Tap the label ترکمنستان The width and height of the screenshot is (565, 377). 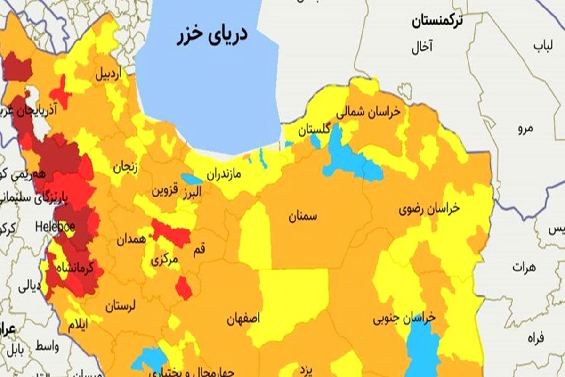pyautogui.click(x=436, y=21)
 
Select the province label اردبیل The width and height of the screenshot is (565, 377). pyautogui.click(x=109, y=74)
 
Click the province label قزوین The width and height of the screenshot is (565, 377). pyautogui.click(x=165, y=191)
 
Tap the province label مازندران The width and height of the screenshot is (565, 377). pyautogui.click(x=223, y=175)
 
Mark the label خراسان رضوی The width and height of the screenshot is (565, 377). pyautogui.click(x=429, y=210)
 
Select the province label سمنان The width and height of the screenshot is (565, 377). pyautogui.click(x=303, y=217)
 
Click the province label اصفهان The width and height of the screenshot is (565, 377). pyautogui.click(x=243, y=319)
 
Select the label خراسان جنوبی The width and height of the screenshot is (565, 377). pyautogui.click(x=404, y=319)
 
